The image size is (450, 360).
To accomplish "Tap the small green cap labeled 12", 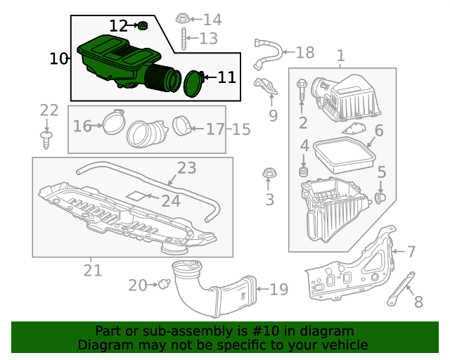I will (143, 26).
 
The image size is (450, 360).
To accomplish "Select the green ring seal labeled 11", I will (192, 82).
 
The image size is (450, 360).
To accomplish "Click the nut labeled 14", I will (181, 18).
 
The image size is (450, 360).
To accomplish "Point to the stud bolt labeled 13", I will (182, 39).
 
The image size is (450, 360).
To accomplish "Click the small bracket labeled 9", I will (265, 86).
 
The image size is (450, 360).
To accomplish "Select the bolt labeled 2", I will (302, 89).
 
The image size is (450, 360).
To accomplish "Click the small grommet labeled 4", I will (304, 172).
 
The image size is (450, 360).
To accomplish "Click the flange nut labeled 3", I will (268, 173).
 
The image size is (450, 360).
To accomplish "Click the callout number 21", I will (93, 270).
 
